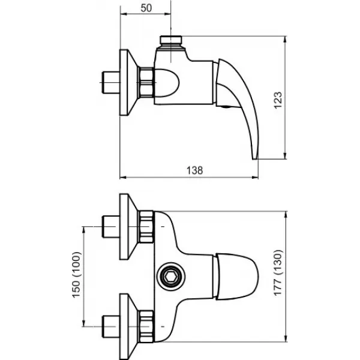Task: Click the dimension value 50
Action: pyautogui.click(x=146, y=8)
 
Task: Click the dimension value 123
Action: pyautogui.click(x=278, y=100)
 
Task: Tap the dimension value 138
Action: pyautogui.click(x=194, y=170)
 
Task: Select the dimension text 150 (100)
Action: pyautogui.click(x=76, y=275)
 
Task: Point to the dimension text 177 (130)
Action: pyautogui.click(x=278, y=272)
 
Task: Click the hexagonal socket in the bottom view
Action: pyautogui.click(x=171, y=277)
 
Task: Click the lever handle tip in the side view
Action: pyautogui.click(x=256, y=157)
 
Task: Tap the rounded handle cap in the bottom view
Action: pyautogui.click(x=237, y=277)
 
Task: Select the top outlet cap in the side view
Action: pyautogui.click(x=171, y=40)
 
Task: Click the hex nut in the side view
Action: pyautogui.click(x=146, y=82)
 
